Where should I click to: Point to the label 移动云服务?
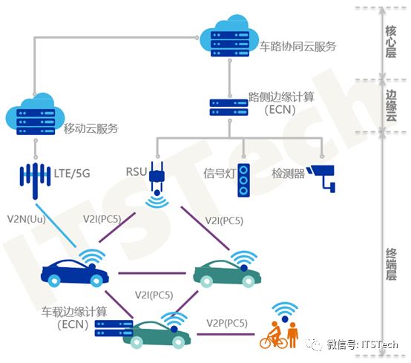91,128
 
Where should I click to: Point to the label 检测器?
288,174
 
